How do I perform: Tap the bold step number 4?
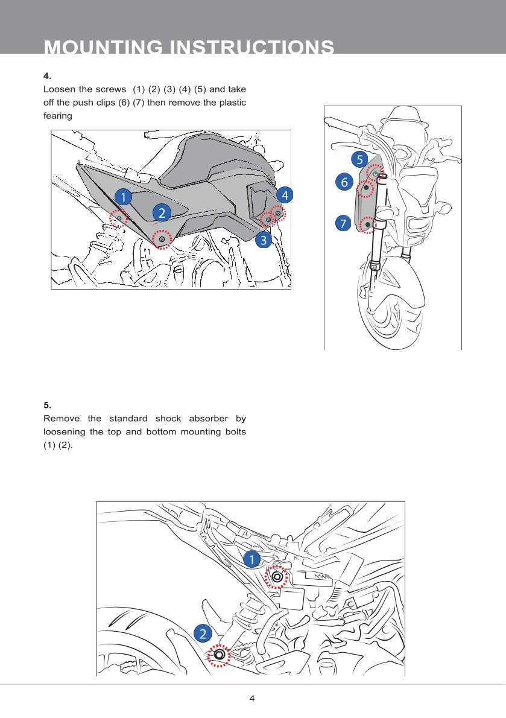tap(48, 76)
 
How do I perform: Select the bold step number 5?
tap(48, 405)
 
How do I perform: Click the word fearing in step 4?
tap(58, 115)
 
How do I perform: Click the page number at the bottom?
tap(252, 699)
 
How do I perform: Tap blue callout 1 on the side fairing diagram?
tap(122, 197)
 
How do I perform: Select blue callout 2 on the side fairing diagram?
tap(161, 212)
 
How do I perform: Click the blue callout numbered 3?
tap(262, 240)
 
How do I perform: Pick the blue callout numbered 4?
tap(285, 195)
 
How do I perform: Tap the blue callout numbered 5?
tap(359, 159)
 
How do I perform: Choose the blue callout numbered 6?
tap(344, 182)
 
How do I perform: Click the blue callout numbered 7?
tap(343, 224)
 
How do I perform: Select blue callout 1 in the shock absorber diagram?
tap(252, 559)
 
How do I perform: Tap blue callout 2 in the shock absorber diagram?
tap(203, 633)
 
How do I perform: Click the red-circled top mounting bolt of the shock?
tap(277, 577)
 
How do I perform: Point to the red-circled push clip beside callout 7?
tap(367, 225)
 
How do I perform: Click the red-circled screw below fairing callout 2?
tap(162, 240)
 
